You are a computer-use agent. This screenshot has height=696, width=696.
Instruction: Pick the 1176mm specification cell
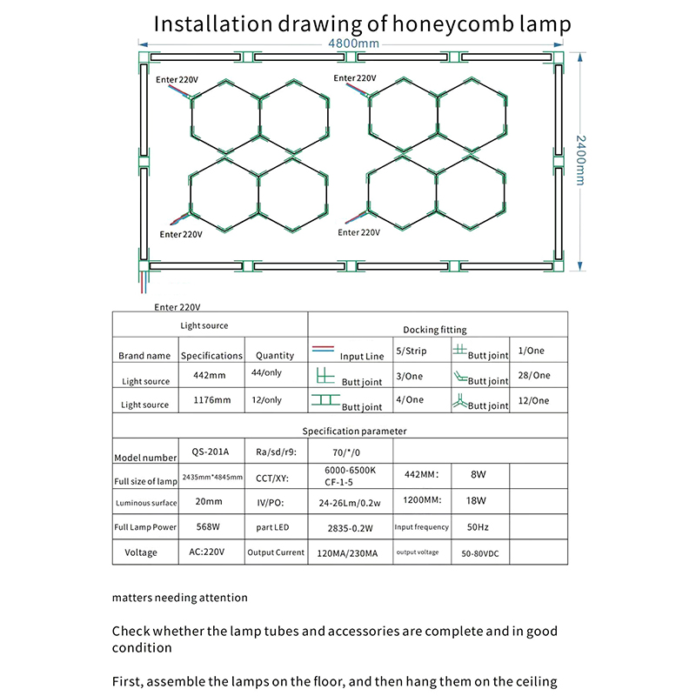tap(211, 400)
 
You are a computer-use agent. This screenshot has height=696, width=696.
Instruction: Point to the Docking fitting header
tap(435, 330)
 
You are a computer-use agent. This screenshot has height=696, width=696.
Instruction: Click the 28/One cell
tap(534, 375)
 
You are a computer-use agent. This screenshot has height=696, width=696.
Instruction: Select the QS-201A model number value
tap(211, 452)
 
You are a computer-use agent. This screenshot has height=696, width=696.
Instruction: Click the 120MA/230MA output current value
tap(349, 552)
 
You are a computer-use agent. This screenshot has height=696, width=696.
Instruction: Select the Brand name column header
tap(144, 356)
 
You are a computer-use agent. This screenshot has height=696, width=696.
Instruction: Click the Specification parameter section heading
tap(354, 431)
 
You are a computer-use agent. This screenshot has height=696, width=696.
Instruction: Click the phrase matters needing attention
tap(180, 598)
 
